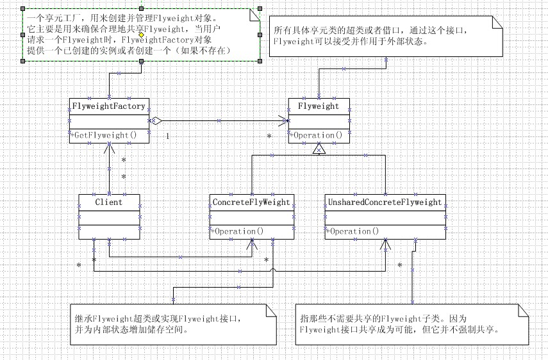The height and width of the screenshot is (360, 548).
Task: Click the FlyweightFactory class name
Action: click(108, 106)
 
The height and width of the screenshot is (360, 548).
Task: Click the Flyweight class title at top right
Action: click(319, 106)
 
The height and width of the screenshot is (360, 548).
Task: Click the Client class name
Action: click(108, 202)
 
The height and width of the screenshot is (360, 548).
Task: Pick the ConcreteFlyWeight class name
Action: click(251, 202)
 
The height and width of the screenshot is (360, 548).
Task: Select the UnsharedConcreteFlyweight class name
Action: click(385, 202)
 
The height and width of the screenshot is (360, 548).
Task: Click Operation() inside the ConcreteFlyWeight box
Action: click(238, 231)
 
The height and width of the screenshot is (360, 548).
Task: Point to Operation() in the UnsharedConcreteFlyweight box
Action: click(353, 231)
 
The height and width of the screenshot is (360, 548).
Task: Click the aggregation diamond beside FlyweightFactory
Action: click(156, 120)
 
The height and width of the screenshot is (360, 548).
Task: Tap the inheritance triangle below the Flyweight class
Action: click(319, 149)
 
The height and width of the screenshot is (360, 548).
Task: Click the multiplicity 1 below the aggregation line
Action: click(167, 136)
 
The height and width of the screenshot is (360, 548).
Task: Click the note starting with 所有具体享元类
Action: click(385, 36)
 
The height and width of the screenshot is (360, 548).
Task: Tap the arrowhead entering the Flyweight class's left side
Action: click(284, 120)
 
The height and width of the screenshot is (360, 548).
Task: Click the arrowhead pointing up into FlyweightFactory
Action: click(109, 148)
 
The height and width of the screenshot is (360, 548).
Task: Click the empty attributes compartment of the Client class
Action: click(108, 217)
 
